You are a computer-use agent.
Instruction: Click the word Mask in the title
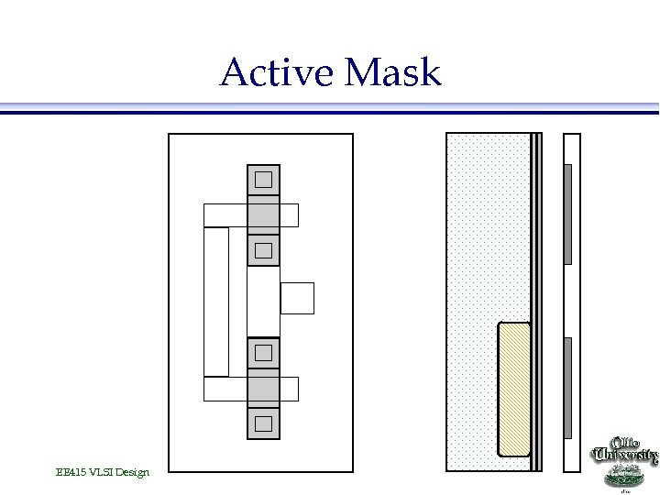tap(394, 72)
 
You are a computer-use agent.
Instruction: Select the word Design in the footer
tap(131, 472)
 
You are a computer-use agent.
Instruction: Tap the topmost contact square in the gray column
tap(264, 179)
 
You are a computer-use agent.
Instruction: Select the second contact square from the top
tap(264, 249)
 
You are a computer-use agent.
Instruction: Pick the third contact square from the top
tap(264, 352)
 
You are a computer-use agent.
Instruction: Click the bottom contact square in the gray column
tap(264, 423)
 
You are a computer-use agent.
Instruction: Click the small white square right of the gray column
tap(297, 298)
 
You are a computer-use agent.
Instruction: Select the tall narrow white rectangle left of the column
tap(216, 302)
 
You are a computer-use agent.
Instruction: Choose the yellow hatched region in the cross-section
tap(514, 389)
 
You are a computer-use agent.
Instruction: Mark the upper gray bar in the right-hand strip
tap(568, 214)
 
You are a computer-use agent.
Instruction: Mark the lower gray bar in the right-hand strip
tap(568, 388)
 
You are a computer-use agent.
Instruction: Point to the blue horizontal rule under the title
tap(330, 108)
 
